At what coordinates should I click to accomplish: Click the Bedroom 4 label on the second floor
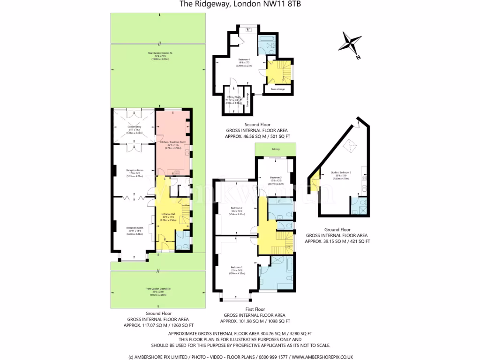tap(244, 60)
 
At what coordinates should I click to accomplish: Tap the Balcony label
tap(275, 149)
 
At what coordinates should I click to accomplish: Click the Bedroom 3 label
tap(275, 177)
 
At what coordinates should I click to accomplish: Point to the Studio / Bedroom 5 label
tap(342, 173)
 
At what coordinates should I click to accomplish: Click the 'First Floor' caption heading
tap(255, 309)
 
